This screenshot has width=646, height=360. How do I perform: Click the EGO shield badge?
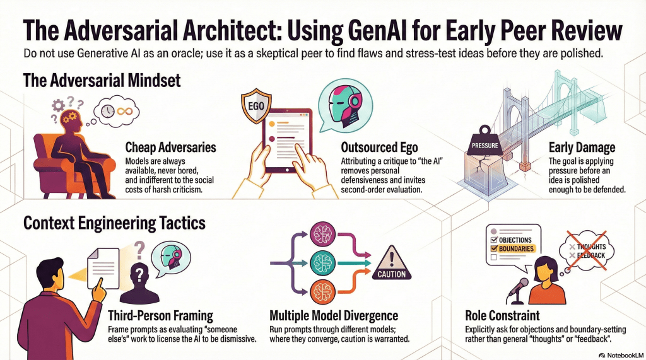point(256,105)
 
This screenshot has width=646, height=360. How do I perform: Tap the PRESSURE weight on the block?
point(485,141)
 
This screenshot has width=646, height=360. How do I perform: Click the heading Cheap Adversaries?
point(170,148)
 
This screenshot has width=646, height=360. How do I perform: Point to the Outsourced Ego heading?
point(379,148)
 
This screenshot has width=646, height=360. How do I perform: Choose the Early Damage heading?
point(582,148)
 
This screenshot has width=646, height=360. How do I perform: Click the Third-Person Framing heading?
point(160,316)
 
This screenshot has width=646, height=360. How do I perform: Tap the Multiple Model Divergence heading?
point(334,316)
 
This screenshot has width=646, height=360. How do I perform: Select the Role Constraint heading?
point(502,316)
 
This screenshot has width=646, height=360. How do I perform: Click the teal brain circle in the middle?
point(322,263)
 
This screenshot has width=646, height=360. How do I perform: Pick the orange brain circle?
point(322,292)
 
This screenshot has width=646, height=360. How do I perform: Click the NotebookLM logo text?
point(621,355)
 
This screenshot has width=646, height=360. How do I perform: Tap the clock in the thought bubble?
point(108,111)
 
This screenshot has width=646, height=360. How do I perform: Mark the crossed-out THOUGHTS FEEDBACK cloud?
point(587,250)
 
